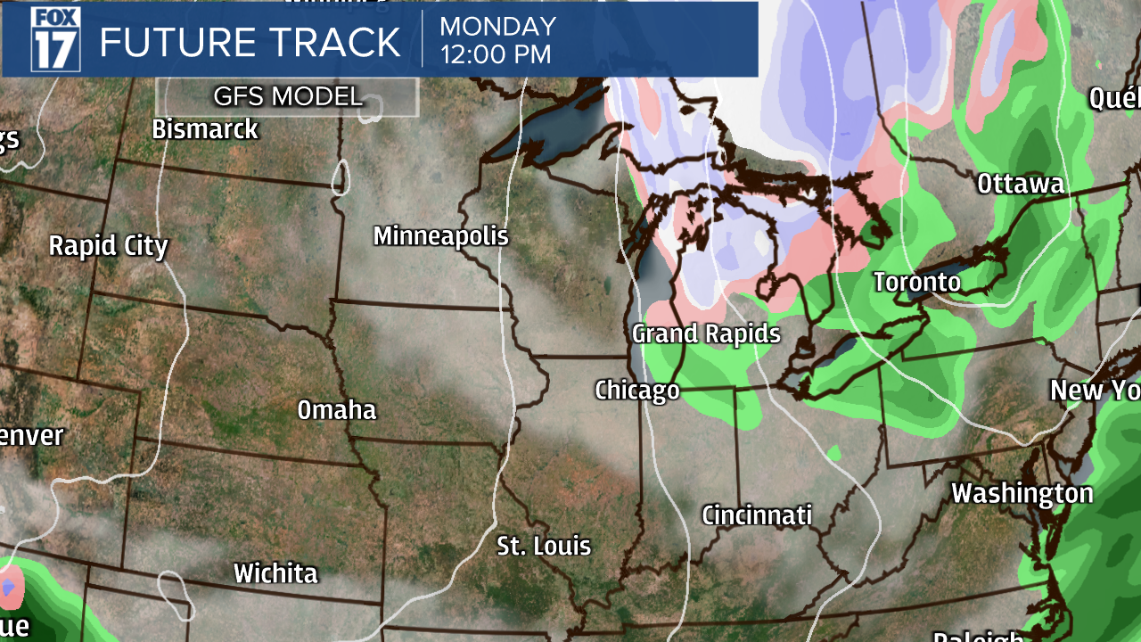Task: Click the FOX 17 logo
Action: [55, 38]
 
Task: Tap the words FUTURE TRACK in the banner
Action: [250, 43]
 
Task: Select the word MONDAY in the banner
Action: [497, 26]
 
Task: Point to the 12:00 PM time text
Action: [496, 54]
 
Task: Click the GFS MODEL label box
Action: [287, 96]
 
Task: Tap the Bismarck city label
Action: [205, 129]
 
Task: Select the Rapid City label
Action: [108, 245]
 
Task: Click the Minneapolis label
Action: [440, 236]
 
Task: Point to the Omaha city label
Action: [337, 410]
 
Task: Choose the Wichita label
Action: [275, 573]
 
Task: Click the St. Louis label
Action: [544, 546]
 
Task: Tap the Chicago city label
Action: [636, 391]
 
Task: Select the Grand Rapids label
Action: [706, 334]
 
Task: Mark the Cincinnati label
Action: [757, 515]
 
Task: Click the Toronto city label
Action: [916, 283]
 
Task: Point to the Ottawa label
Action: [1020, 185]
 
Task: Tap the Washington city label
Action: [1022, 493]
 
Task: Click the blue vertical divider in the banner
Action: [423, 40]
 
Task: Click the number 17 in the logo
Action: [55, 52]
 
